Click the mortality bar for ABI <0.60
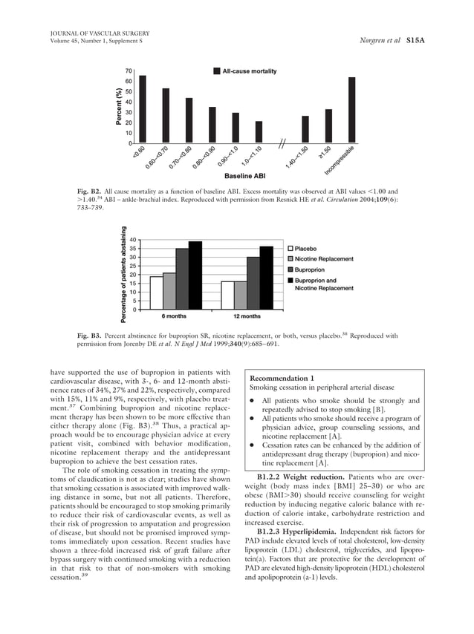143,109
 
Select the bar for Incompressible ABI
351,110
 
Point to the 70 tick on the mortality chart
129,71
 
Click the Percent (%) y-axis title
117,106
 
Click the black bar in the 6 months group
195,275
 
